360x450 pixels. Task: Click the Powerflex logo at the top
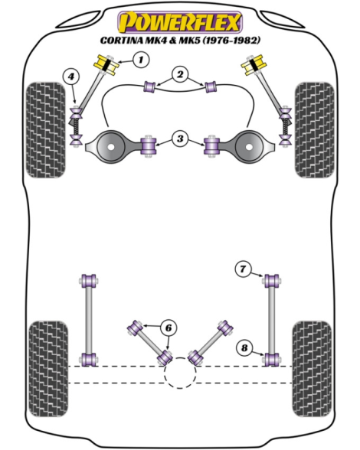point(180,22)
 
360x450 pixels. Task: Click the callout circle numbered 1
point(141,60)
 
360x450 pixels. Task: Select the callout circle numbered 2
point(180,75)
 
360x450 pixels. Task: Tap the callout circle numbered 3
point(180,139)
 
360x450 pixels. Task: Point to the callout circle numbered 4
point(71,77)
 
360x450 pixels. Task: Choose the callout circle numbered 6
point(169,328)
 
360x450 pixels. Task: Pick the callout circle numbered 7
point(243,269)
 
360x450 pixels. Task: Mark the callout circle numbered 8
point(244,348)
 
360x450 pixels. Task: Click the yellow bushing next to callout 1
point(106,65)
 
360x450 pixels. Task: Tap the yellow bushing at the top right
point(254,65)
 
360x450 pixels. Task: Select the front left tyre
point(46,130)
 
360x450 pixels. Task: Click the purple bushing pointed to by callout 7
point(272,281)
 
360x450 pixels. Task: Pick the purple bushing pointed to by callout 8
point(272,360)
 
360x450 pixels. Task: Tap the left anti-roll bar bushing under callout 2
point(149,87)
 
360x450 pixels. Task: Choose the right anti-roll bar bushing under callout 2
point(211,87)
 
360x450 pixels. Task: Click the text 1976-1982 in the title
point(231,41)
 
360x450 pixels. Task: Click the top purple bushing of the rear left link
point(89,281)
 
